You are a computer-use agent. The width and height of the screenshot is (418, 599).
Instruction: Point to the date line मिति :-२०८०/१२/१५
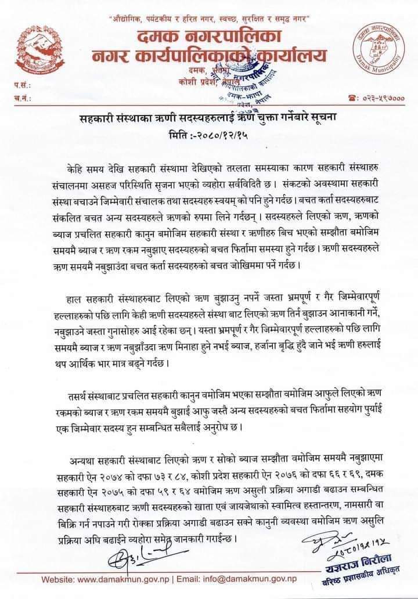[209, 135]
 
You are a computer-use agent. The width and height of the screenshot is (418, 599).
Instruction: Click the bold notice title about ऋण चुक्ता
[209, 118]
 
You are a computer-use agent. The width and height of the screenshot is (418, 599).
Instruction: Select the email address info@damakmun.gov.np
[260, 579]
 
